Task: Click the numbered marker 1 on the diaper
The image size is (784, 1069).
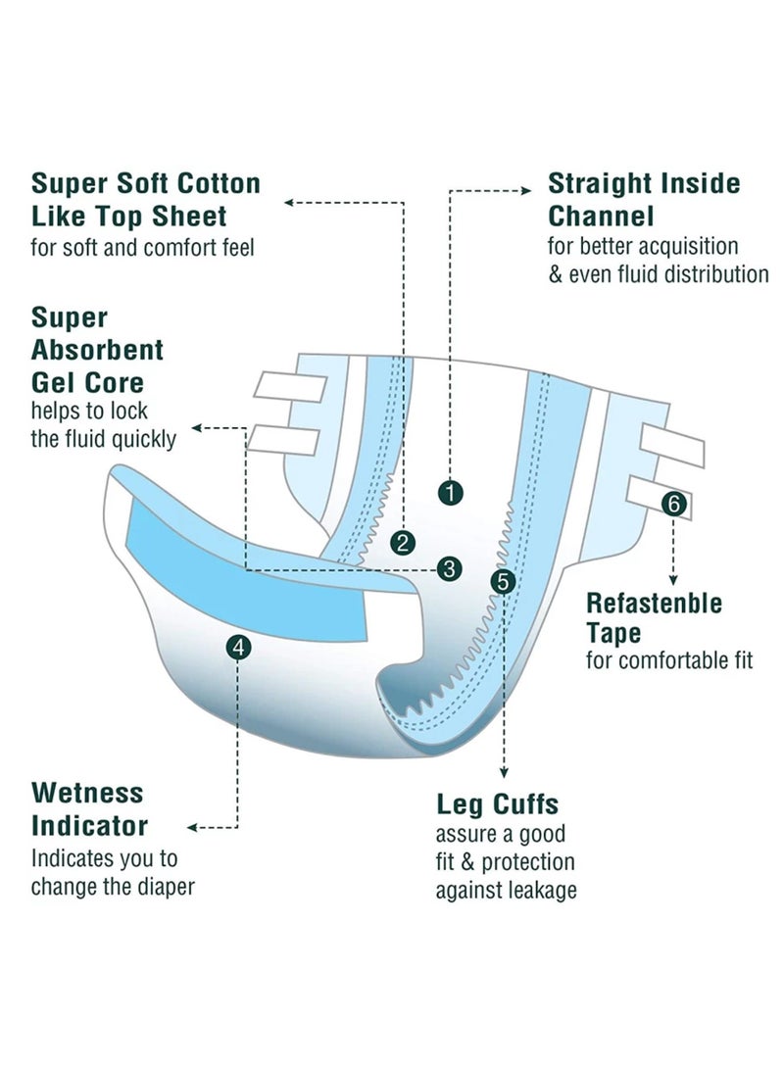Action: pyautogui.click(x=450, y=493)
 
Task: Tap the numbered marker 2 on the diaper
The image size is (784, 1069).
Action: pyautogui.click(x=402, y=542)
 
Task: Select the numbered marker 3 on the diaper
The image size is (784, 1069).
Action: pyautogui.click(x=450, y=568)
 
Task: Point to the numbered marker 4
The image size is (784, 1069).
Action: pyautogui.click(x=238, y=647)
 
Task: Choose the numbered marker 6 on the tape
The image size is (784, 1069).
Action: pyautogui.click(x=673, y=505)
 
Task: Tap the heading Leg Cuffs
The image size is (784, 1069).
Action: pyautogui.click(x=497, y=804)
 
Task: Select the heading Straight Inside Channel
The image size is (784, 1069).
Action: pyautogui.click(x=644, y=199)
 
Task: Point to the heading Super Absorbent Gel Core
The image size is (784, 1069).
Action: pyautogui.click(x=97, y=350)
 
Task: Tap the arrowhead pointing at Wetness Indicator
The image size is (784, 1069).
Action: pyautogui.click(x=193, y=828)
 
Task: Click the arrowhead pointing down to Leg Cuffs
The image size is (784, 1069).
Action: pyautogui.click(x=504, y=770)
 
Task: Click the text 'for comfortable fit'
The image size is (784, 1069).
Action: pyautogui.click(x=669, y=659)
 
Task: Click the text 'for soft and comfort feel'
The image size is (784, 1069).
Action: pyautogui.click(x=143, y=248)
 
